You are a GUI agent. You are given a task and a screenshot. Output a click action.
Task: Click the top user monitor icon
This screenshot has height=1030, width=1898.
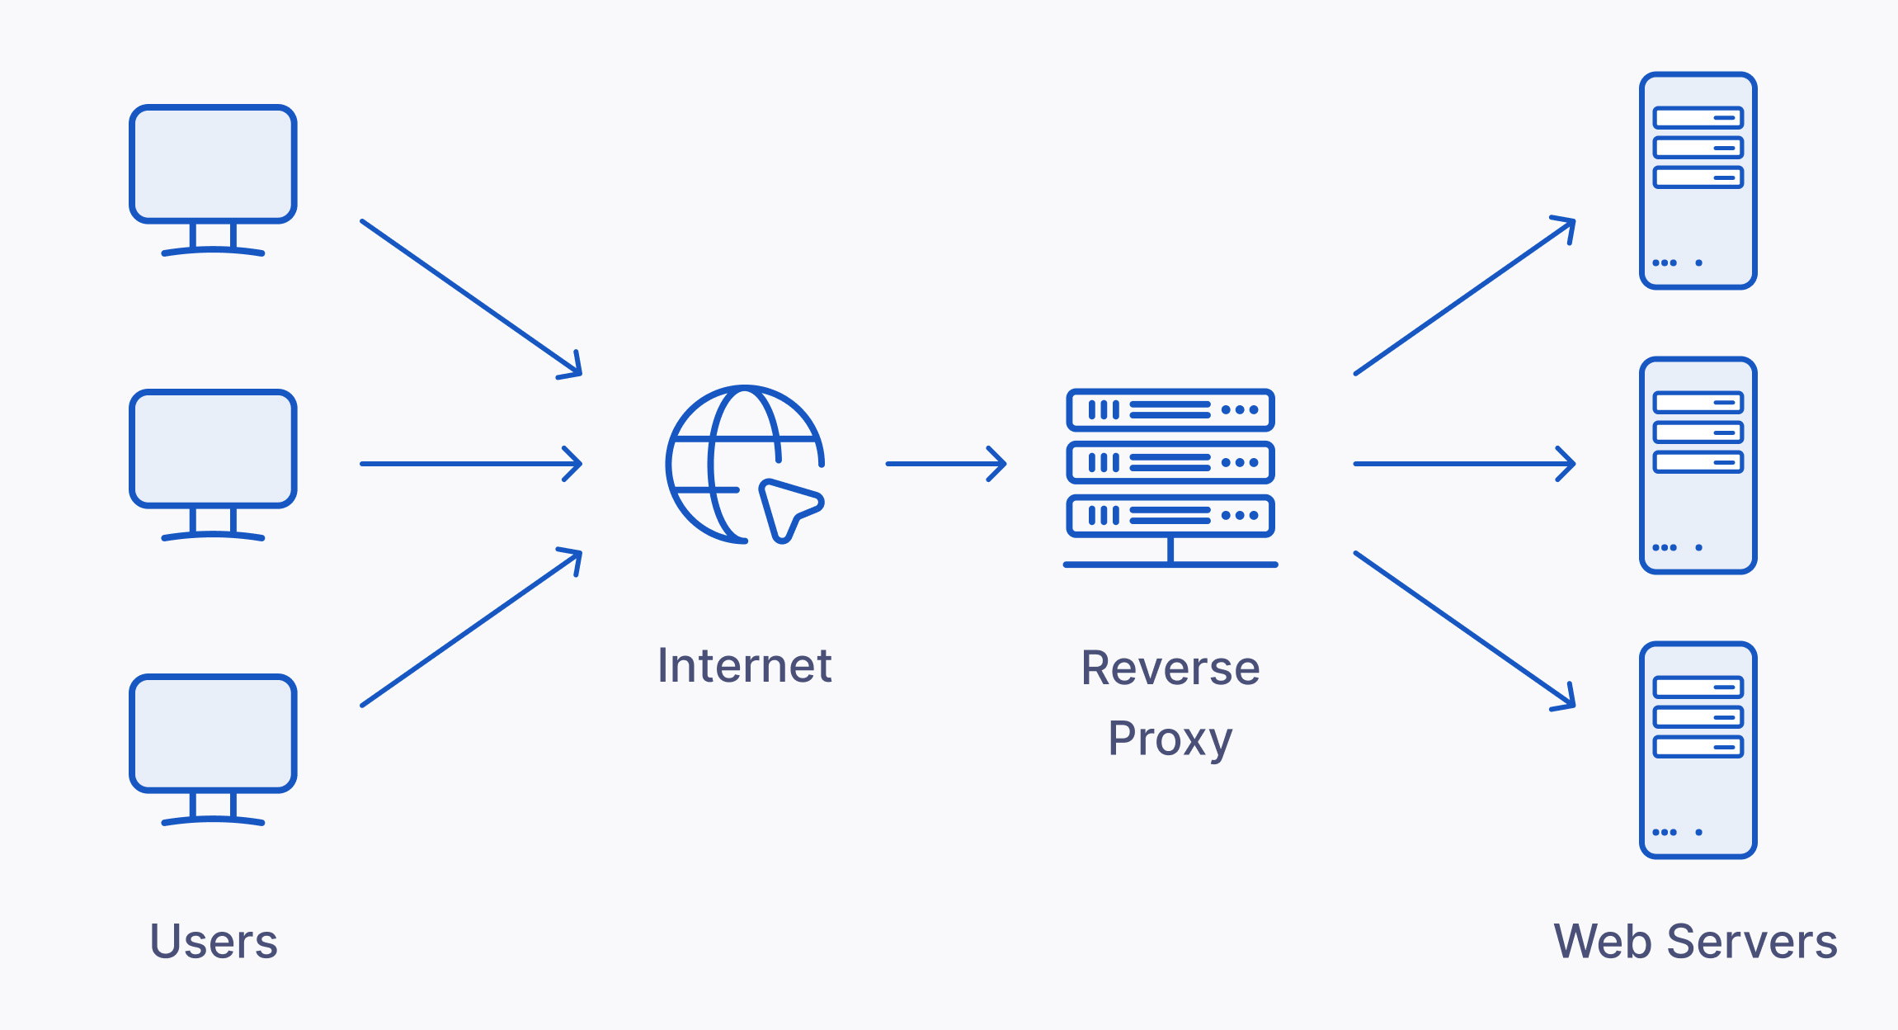coord(213,164)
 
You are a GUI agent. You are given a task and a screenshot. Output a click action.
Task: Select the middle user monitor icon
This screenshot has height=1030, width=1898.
coord(213,449)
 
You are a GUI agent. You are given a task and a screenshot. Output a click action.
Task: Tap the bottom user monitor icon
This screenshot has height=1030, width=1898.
coord(213,734)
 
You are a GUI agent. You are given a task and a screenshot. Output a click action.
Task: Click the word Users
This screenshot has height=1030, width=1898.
coord(214,941)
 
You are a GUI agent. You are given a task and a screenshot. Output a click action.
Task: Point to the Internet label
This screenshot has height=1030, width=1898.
coord(744,665)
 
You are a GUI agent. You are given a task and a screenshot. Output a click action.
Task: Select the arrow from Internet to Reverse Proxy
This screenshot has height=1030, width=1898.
coord(946,464)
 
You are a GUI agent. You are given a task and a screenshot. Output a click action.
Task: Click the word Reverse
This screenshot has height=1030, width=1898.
coord(1170,668)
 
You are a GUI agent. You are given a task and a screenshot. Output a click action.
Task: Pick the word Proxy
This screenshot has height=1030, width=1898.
coord(1170,739)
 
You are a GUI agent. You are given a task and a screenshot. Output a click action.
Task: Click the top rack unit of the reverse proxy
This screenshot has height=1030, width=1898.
coord(1170,410)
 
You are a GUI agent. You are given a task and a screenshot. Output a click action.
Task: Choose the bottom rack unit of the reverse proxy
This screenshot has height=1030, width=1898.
coord(1170,516)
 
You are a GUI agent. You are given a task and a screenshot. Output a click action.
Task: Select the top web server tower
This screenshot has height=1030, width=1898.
coord(1698,181)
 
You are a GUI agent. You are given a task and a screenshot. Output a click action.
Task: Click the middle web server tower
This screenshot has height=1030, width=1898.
coord(1698,465)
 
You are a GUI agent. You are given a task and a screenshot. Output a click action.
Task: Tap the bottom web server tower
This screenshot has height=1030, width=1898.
coord(1698,750)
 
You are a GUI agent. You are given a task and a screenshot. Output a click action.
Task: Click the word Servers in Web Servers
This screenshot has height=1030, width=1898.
coord(1752,941)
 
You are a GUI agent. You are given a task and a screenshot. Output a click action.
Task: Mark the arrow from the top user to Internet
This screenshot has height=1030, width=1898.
coord(471,299)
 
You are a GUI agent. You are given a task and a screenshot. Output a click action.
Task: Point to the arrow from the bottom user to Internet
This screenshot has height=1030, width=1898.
coord(471,627)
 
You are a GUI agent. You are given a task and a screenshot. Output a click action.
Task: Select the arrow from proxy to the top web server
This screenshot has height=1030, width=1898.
coord(1465,295)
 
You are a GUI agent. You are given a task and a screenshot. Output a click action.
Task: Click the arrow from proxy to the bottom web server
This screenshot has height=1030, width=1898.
coord(1465,631)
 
